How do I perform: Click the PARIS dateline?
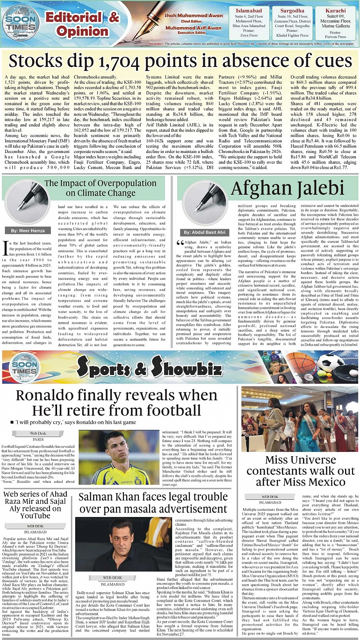(x=38, y=439)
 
